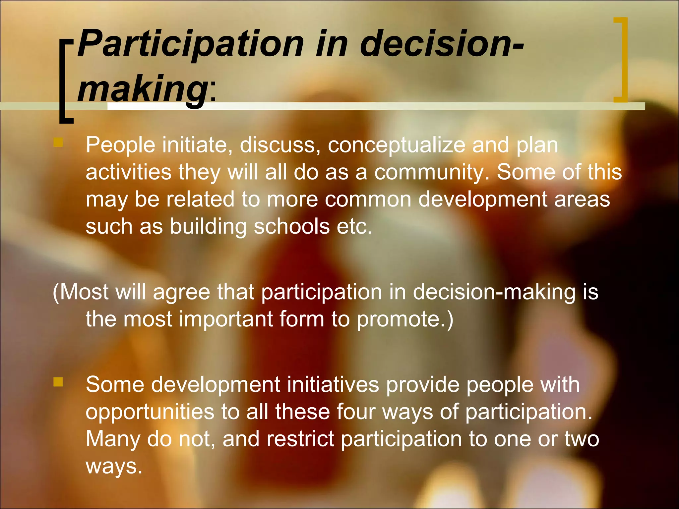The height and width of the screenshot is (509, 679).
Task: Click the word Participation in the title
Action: click(x=190, y=44)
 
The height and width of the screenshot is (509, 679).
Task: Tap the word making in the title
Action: click(x=143, y=89)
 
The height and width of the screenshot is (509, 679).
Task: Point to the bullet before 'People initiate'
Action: click(x=58, y=143)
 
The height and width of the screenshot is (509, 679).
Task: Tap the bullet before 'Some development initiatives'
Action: click(x=58, y=382)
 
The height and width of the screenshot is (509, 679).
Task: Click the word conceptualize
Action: click(x=397, y=145)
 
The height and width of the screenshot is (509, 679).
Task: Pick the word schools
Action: click(x=292, y=227)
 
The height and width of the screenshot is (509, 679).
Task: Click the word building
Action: click(x=208, y=227)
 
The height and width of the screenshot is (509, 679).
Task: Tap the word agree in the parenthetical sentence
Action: click(x=181, y=292)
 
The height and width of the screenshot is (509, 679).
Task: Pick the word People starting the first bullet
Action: click(x=120, y=145)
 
